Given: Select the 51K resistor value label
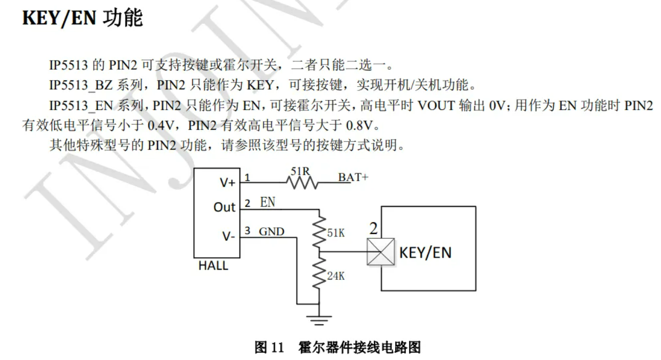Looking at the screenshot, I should pyautogui.click(x=336, y=233).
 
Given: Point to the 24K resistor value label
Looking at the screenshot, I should pyautogui.click(x=336, y=276).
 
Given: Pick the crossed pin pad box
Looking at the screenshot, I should pyautogui.click(x=380, y=252).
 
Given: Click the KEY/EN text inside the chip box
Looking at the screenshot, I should pyautogui.click(x=425, y=252).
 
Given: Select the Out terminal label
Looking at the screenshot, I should pyautogui.click(x=225, y=207).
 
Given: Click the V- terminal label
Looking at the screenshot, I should pyautogui.click(x=228, y=237).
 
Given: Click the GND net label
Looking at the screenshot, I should pyautogui.click(x=271, y=232).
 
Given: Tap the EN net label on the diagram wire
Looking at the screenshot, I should pyautogui.click(x=267, y=202).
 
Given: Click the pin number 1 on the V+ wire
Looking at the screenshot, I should pyautogui.click(x=247, y=177).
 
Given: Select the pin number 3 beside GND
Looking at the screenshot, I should pyautogui.click(x=247, y=231).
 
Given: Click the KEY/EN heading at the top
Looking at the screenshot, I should pyautogui.click(x=82, y=18).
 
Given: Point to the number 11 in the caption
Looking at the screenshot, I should pyautogui.click(x=278, y=348).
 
